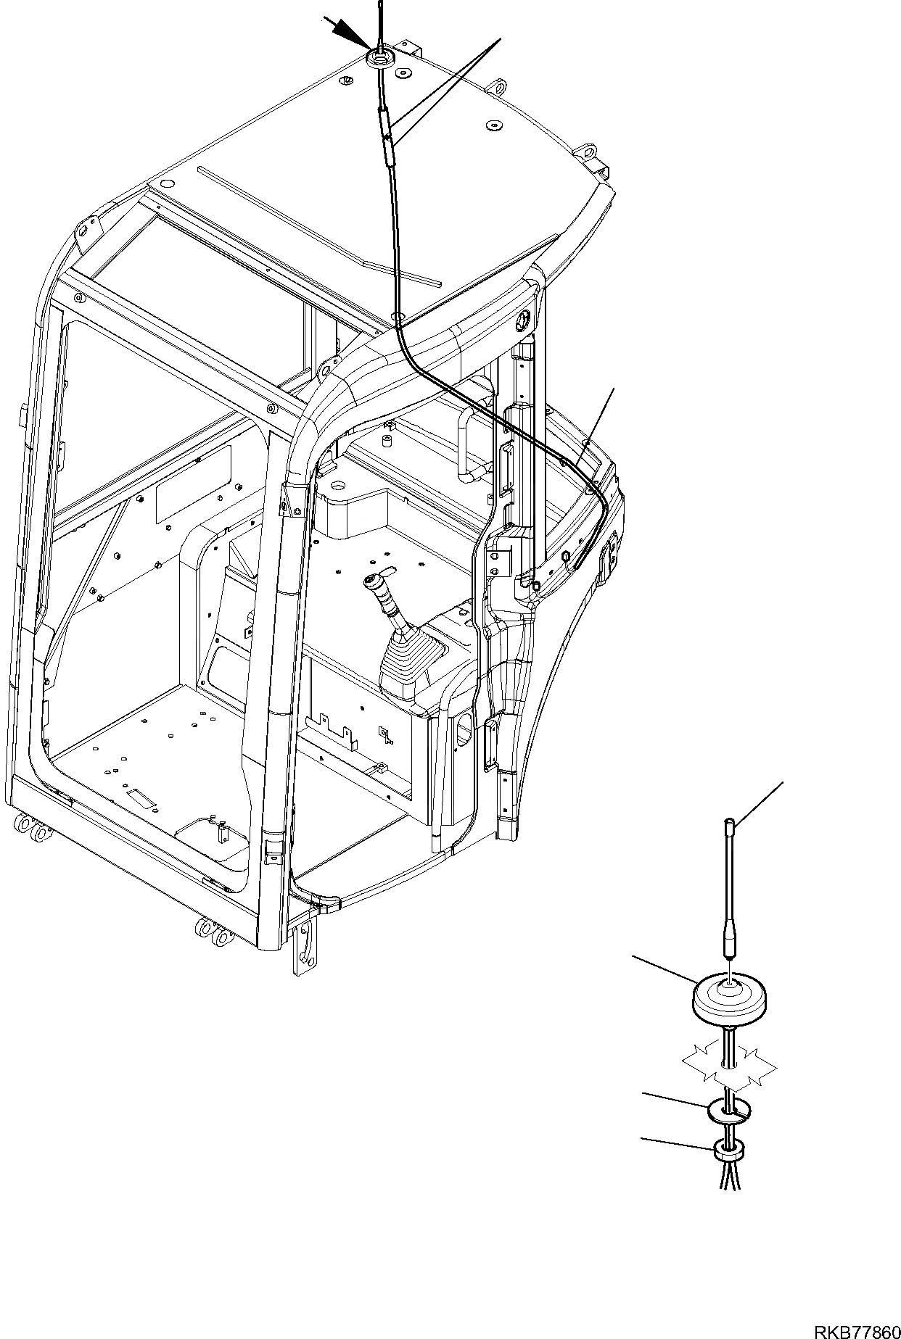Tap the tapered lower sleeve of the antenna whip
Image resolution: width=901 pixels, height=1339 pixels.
[730, 942]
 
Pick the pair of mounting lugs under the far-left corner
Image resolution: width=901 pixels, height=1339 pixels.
[33, 827]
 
